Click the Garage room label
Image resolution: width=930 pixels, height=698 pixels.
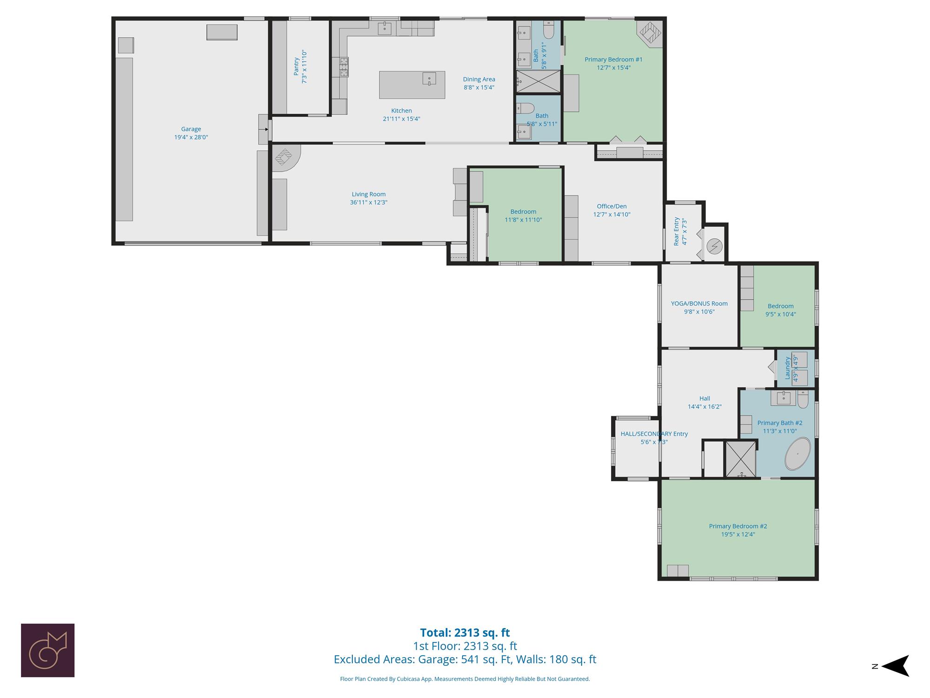(x=191, y=129)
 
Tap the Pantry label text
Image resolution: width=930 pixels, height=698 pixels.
(x=296, y=66)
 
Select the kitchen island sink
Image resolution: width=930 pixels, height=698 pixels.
(x=429, y=79)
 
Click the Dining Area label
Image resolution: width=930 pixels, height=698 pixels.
(x=479, y=79)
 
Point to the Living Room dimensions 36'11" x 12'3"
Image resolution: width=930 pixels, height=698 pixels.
(x=369, y=202)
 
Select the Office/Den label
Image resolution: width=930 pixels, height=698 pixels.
(x=612, y=206)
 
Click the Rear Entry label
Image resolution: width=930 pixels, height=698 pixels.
(x=677, y=231)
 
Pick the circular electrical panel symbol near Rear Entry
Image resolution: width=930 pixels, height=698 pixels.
(x=715, y=246)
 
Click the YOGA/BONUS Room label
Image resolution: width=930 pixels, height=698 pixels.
(x=699, y=303)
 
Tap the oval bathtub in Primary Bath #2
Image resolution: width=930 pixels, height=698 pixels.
(x=798, y=453)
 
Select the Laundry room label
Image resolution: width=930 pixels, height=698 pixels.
(x=788, y=368)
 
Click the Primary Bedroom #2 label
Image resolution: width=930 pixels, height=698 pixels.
(x=738, y=526)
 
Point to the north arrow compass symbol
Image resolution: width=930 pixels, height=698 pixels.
(x=895, y=666)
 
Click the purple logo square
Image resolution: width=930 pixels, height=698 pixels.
(x=48, y=650)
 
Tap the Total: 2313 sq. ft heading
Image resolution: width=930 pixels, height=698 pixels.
(x=465, y=633)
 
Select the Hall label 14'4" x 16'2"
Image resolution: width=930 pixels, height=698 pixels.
(x=705, y=403)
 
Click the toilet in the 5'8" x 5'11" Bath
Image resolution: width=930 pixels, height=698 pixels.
(x=525, y=108)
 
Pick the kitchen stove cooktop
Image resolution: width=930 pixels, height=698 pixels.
(x=343, y=67)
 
